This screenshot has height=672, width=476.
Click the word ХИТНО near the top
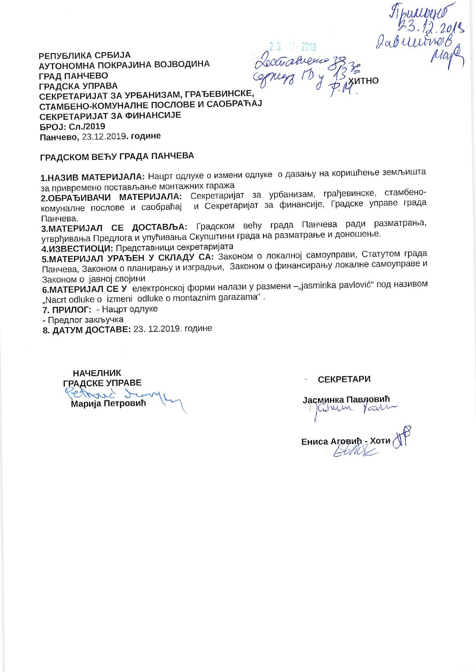click(363, 81)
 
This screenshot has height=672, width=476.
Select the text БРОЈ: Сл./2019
click(72, 126)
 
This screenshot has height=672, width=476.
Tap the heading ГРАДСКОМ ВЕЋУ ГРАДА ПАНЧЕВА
click(117, 156)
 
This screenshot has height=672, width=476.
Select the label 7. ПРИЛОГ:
click(67, 310)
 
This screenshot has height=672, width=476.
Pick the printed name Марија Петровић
click(109, 404)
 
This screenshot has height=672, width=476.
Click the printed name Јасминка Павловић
click(346, 400)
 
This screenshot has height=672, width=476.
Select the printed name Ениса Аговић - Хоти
click(345, 441)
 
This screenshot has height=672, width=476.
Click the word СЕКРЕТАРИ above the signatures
click(344, 379)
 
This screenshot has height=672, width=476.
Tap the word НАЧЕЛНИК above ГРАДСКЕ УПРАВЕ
click(97, 373)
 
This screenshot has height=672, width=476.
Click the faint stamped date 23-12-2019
click(292, 47)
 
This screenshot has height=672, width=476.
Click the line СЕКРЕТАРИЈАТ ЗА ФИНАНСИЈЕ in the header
click(110, 115)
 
